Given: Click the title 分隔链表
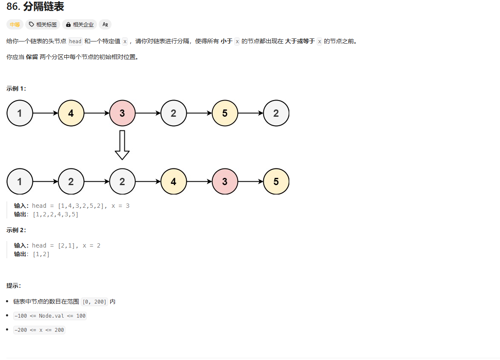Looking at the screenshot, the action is click(x=44, y=6).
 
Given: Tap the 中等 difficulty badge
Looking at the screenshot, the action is click(x=15, y=24).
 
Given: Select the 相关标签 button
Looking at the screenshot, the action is click(x=43, y=24).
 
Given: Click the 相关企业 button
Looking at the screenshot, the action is click(x=79, y=24).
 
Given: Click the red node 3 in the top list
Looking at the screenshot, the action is click(x=122, y=113).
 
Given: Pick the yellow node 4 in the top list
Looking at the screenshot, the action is click(x=71, y=113).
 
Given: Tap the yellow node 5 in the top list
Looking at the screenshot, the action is click(x=225, y=113).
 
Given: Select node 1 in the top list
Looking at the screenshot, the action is click(x=20, y=113).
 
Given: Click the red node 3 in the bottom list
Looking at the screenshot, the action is click(x=225, y=182).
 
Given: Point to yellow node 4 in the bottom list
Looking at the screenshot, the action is click(x=174, y=182).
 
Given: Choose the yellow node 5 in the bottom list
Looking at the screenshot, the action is click(x=276, y=182).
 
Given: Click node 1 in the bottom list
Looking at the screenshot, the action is click(x=20, y=182).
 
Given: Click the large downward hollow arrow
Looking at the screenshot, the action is click(x=122, y=145).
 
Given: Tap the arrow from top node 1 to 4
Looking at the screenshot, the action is click(x=45, y=113).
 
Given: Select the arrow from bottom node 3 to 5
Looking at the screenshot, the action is click(x=250, y=182).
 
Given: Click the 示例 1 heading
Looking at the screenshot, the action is click(x=16, y=89).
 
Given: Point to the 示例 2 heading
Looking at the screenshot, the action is click(x=16, y=230).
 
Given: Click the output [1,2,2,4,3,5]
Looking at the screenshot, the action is click(x=56, y=214).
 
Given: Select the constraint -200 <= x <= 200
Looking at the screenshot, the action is click(x=39, y=330).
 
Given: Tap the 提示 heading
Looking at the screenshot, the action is click(x=14, y=286).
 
